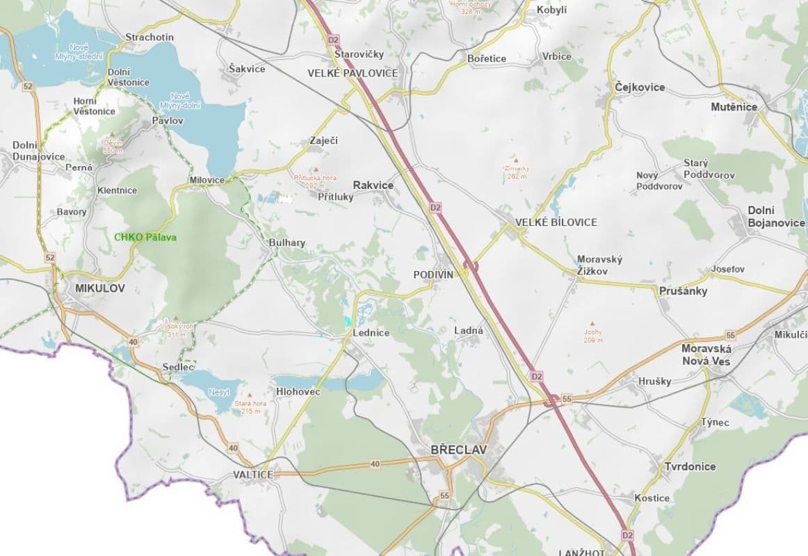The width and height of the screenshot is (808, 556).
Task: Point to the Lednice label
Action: click(x=371, y=333)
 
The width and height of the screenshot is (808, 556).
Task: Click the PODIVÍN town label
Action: click(x=433, y=275)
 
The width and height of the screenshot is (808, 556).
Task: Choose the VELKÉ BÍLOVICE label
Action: click(x=556, y=222)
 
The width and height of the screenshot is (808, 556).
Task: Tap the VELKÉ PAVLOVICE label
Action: click(x=353, y=73)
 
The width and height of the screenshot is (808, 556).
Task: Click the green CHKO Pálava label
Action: click(x=145, y=237)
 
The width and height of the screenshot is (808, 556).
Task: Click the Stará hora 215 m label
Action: click(x=251, y=407)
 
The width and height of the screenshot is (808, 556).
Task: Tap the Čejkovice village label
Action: click(x=640, y=88)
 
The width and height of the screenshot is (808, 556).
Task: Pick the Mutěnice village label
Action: click(x=734, y=107)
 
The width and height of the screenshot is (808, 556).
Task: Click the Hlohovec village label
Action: click(x=298, y=392)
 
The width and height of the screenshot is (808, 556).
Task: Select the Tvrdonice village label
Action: click(x=690, y=466)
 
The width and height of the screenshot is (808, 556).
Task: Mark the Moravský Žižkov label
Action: click(x=599, y=265)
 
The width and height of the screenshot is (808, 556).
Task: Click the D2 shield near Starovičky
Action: click(x=334, y=40)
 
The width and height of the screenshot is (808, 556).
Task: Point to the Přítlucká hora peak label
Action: click(x=315, y=181)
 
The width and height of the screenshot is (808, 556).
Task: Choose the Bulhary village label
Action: click(x=287, y=243)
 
